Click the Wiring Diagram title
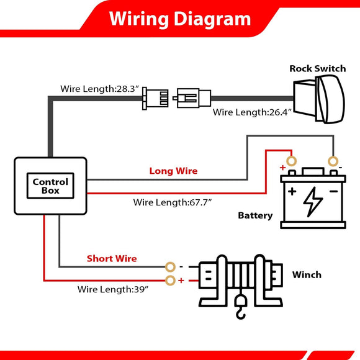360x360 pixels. [180, 19]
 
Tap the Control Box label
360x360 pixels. [50, 186]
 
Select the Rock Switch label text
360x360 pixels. [318, 69]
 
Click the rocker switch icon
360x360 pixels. [319, 99]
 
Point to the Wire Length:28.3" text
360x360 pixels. [100, 89]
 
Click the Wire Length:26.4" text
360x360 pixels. [252, 112]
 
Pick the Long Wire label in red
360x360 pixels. [173, 171]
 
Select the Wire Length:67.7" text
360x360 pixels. [173, 202]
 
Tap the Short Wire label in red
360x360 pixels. [112, 259]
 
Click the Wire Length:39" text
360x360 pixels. [113, 289]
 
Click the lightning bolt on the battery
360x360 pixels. [312, 202]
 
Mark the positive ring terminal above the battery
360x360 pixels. [291, 161]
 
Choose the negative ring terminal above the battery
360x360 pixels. [333, 161]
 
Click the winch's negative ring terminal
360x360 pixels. [170, 267]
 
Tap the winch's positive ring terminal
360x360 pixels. [170, 281]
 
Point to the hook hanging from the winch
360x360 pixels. [241, 307]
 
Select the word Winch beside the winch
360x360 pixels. [307, 274]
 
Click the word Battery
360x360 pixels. [255, 215]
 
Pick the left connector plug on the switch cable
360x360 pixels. [155, 98]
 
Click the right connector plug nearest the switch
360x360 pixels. [192, 98]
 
